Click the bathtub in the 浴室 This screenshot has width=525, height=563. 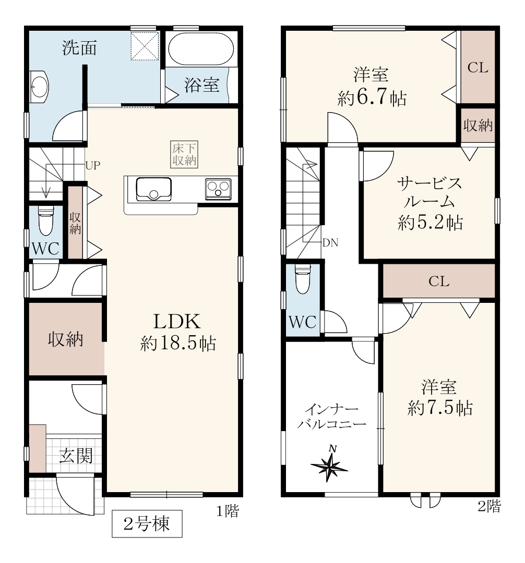[x=201, y=49]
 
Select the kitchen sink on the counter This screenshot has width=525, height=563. [x=153, y=189]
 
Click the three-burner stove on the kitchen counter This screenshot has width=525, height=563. [x=218, y=189]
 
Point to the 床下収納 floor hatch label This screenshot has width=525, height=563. [x=184, y=154]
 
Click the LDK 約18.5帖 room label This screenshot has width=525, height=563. [x=177, y=332]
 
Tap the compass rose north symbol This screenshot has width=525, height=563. [x=329, y=466]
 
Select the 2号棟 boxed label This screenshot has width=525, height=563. [x=147, y=524]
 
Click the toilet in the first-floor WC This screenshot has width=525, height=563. [x=45, y=220]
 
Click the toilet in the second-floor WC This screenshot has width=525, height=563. [x=302, y=279]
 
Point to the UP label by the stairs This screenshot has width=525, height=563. [x=93, y=166]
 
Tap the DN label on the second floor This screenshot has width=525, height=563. [x=330, y=243]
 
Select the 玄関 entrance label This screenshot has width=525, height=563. [x=76, y=456]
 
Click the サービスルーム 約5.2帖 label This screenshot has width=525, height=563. [x=430, y=203]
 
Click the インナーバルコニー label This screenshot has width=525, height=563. [x=332, y=416]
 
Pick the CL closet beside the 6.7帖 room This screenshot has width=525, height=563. [x=478, y=67]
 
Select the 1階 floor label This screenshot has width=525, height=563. [x=228, y=510]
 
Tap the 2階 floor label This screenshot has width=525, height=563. [x=489, y=506]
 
